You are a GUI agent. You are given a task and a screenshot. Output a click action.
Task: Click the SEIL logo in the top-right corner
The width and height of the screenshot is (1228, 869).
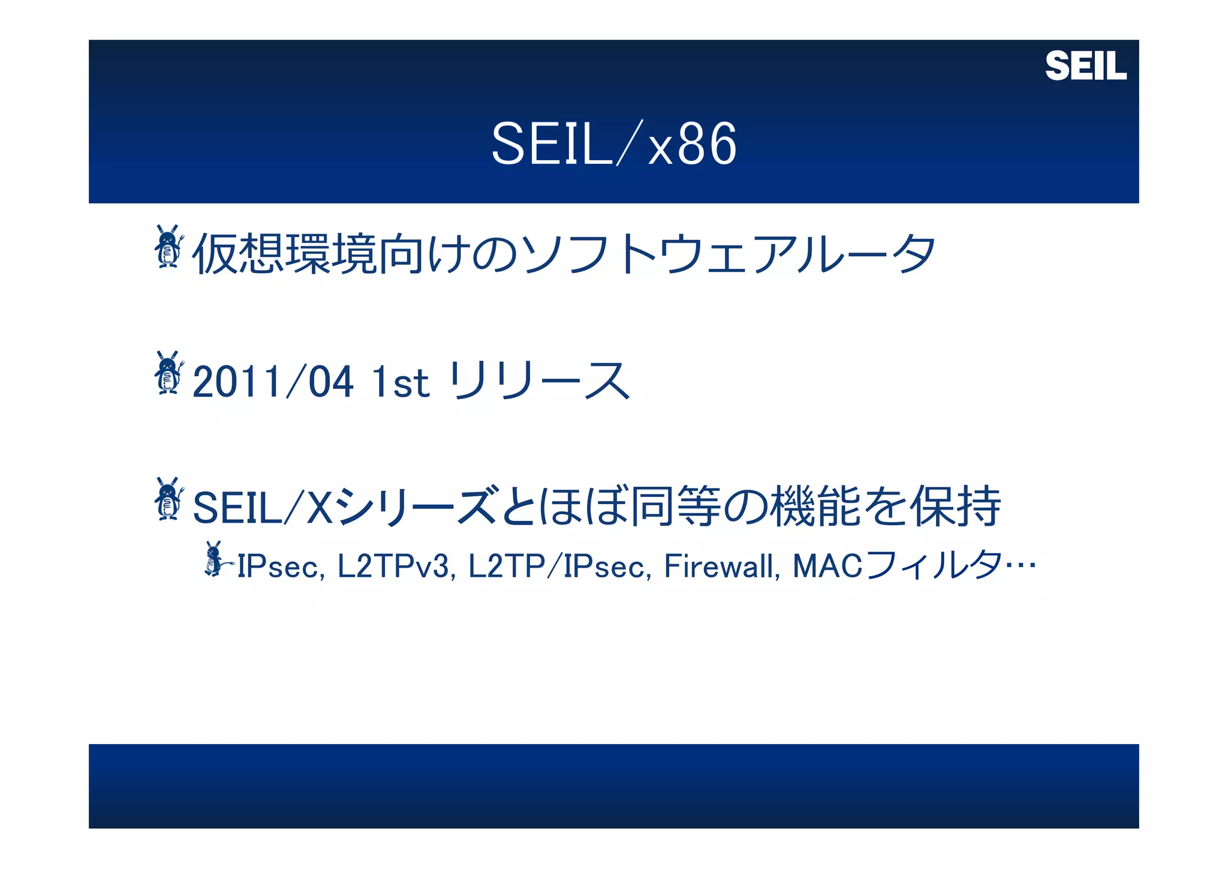click(1085, 66)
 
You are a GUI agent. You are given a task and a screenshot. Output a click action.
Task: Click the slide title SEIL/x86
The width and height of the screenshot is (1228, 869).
click(613, 144)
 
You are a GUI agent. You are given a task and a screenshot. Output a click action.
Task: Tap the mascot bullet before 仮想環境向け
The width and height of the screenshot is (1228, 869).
click(168, 247)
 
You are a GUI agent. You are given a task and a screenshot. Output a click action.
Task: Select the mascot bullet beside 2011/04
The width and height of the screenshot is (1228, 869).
click(168, 373)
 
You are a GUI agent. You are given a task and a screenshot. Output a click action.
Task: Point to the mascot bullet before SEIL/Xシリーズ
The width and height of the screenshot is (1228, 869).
click(168, 499)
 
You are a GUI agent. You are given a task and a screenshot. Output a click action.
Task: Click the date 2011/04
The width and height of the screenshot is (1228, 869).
click(273, 382)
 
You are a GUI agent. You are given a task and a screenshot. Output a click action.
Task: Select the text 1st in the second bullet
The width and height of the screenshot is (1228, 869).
click(400, 382)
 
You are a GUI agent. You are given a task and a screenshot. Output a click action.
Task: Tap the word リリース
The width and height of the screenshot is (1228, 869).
click(539, 380)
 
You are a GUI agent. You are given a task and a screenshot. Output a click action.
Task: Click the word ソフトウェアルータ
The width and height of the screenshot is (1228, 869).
click(729, 254)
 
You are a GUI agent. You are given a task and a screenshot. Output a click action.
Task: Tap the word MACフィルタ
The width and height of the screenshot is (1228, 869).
click(898, 567)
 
